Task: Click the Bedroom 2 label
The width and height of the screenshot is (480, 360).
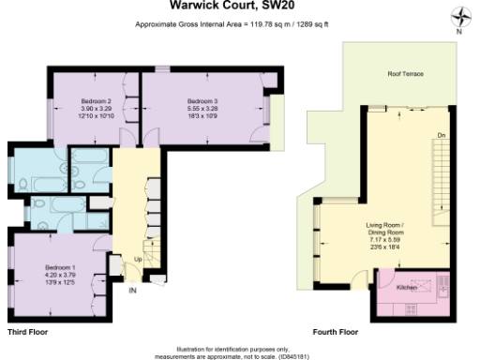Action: [97, 100]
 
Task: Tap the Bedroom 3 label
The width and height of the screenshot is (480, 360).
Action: [202, 100]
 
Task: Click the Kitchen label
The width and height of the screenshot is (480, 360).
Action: [407, 287]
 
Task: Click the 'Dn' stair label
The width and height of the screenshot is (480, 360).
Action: [441, 137]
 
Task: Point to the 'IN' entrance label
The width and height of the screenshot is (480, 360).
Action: [133, 291]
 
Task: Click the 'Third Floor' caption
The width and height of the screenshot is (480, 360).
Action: [29, 332]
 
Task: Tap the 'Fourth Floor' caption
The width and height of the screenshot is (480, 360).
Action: [335, 332]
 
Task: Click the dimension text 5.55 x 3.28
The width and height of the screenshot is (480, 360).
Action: [202, 108]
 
